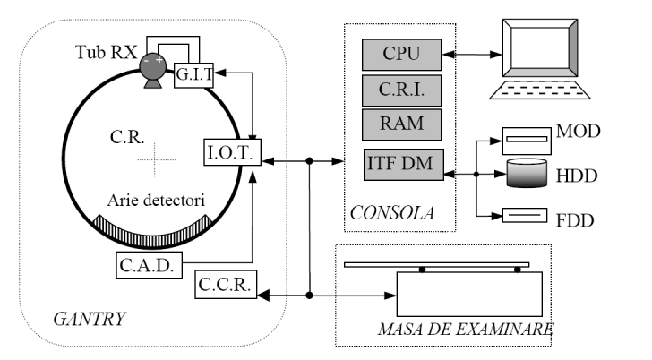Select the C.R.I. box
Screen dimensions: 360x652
[x=402, y=90]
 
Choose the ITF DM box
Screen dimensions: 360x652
[x=402, y=165]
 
